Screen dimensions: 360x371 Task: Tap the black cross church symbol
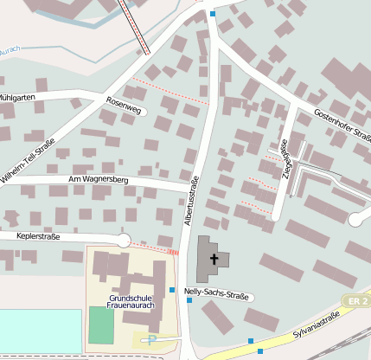coord(214,259)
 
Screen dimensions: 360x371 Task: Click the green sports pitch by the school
coord(101,325)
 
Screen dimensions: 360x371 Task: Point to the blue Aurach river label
coord(9,51)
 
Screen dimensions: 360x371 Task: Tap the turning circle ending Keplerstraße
coord(124,241)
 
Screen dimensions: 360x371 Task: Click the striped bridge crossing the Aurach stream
coord(134,26)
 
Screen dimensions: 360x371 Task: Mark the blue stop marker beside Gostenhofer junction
coord(213,14)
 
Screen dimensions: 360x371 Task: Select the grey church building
coord(211,258)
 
